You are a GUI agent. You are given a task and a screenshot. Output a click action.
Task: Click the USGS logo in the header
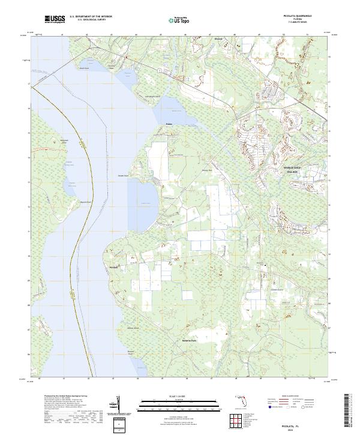pyautogui.click(x=55, y=20)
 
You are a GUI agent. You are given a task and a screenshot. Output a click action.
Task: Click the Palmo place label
pyautogui.click(x=169, y=125)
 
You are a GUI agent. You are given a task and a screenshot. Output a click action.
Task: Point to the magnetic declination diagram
pyautogui.click(x=118, y=405)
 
